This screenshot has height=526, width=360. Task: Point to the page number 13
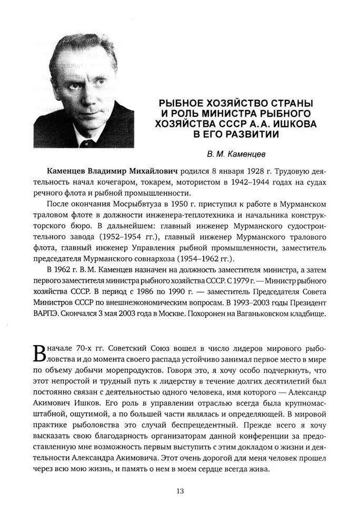tap(179, 491)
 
